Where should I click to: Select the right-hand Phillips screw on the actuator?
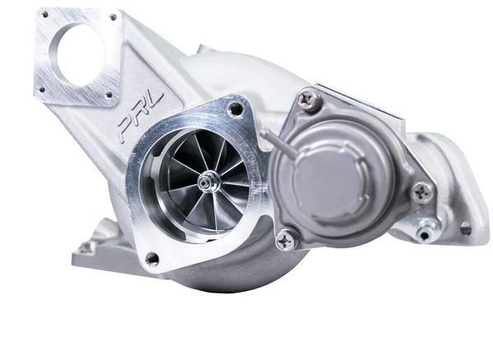pos(422,192)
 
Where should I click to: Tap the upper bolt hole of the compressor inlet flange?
pos(236,108)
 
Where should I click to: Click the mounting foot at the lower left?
pos(86,246)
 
